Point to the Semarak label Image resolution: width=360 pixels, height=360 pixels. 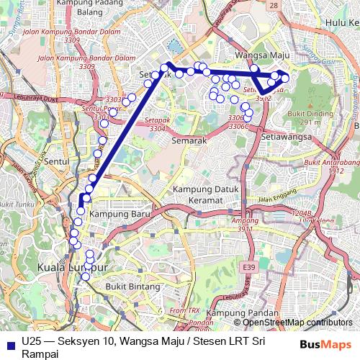coord(189,141)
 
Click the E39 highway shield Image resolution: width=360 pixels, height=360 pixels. coord(248,268)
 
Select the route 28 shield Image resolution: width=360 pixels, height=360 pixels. coord(273,5)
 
